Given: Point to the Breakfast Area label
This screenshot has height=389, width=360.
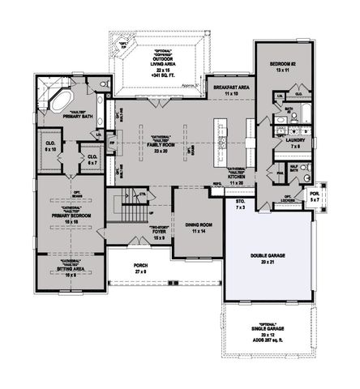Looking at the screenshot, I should (231, 88).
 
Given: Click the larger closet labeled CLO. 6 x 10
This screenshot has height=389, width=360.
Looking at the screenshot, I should (50, 146).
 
